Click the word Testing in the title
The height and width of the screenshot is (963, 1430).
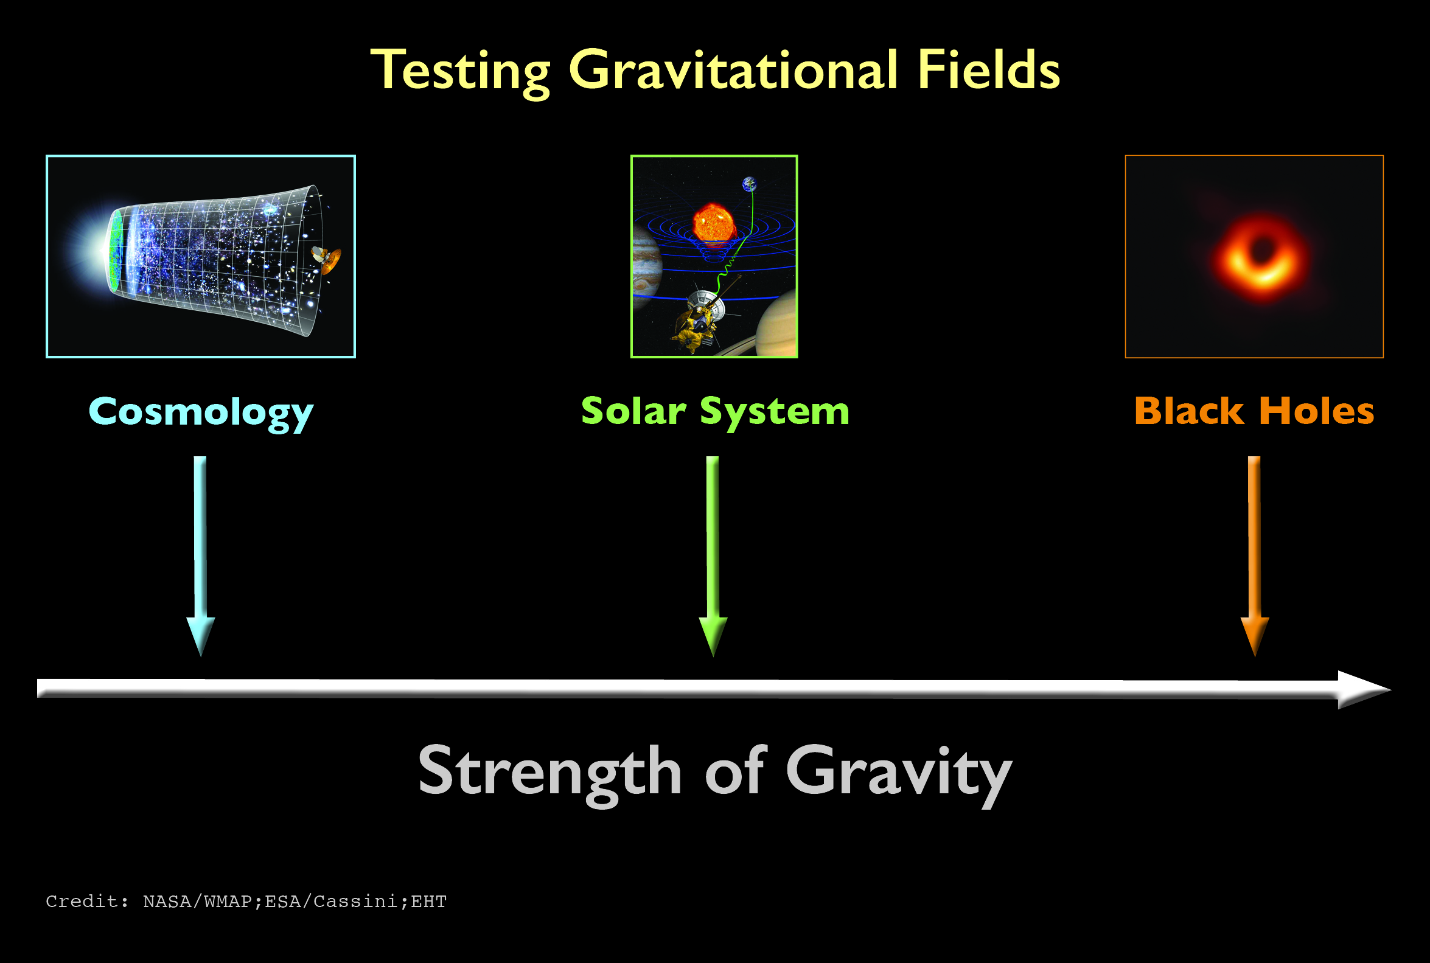pos(461,72)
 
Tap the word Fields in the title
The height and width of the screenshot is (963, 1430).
pos(988,69)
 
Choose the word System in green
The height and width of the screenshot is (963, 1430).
pos(775,413)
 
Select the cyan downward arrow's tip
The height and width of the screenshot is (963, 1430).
pos(201,656)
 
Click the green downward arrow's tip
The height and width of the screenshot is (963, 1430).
pos(713,656)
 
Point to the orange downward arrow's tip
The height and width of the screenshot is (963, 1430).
pos(1255,656)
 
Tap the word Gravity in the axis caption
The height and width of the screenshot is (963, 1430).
pos(898,774)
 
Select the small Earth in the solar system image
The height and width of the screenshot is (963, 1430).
pos(750,184)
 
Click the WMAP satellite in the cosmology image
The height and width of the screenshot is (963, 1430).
pos(327,259)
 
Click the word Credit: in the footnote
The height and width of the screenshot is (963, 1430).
pos(87,902)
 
